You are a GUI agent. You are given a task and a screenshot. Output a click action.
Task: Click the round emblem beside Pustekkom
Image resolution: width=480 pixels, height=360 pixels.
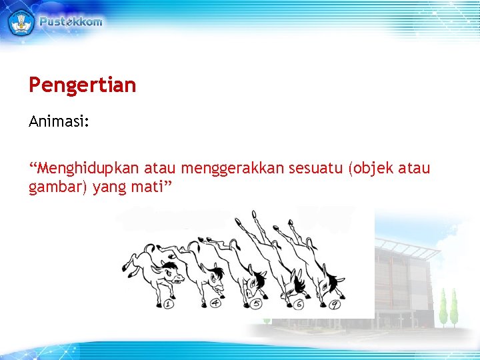point(20,21)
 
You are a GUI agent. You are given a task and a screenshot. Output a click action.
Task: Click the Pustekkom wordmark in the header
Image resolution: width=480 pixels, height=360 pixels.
point(71,21)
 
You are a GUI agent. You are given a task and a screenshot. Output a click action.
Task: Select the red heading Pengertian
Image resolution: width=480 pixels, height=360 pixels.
point(82,85)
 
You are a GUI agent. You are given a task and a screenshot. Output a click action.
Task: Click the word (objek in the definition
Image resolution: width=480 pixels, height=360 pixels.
point(371,169)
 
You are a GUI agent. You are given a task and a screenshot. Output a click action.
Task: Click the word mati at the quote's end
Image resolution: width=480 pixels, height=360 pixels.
point(149,187)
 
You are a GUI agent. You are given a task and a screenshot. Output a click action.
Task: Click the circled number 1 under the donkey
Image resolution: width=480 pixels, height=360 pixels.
point(168,305)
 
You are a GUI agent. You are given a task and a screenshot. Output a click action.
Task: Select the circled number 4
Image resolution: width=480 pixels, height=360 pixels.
point(215,304)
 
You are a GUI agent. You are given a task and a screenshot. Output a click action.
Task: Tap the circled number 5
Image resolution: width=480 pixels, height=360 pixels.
point(257,305)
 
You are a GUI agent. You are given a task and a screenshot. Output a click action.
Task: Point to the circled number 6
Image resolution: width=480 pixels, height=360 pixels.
point(298,305)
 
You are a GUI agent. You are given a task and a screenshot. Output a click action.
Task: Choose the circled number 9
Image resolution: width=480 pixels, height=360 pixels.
point(335,305)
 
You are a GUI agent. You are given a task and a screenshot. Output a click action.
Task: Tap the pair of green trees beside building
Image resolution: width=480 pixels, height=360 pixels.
point(448,307)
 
